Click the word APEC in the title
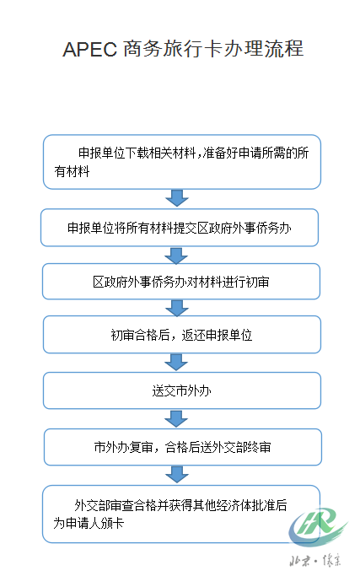89,49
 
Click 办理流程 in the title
263,49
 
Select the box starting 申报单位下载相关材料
182,162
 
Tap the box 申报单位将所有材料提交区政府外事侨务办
180,228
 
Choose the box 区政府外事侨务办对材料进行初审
181,282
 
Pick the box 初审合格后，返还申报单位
182,335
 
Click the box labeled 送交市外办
182,390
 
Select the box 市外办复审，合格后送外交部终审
183,447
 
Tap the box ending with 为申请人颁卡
181,514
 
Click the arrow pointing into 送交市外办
176,363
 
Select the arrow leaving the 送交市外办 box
176,419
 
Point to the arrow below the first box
177,198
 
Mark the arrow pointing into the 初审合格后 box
177,308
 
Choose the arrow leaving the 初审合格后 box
176,363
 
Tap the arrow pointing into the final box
177,475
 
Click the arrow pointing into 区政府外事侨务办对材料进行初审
176,256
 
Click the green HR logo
317,526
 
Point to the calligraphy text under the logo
315,561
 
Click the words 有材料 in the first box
72,171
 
